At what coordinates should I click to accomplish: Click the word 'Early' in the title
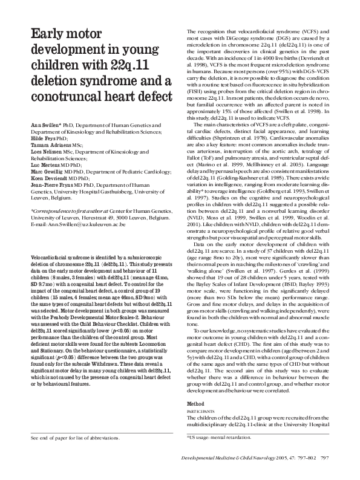48,35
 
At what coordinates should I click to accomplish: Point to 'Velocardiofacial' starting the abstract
53,275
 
